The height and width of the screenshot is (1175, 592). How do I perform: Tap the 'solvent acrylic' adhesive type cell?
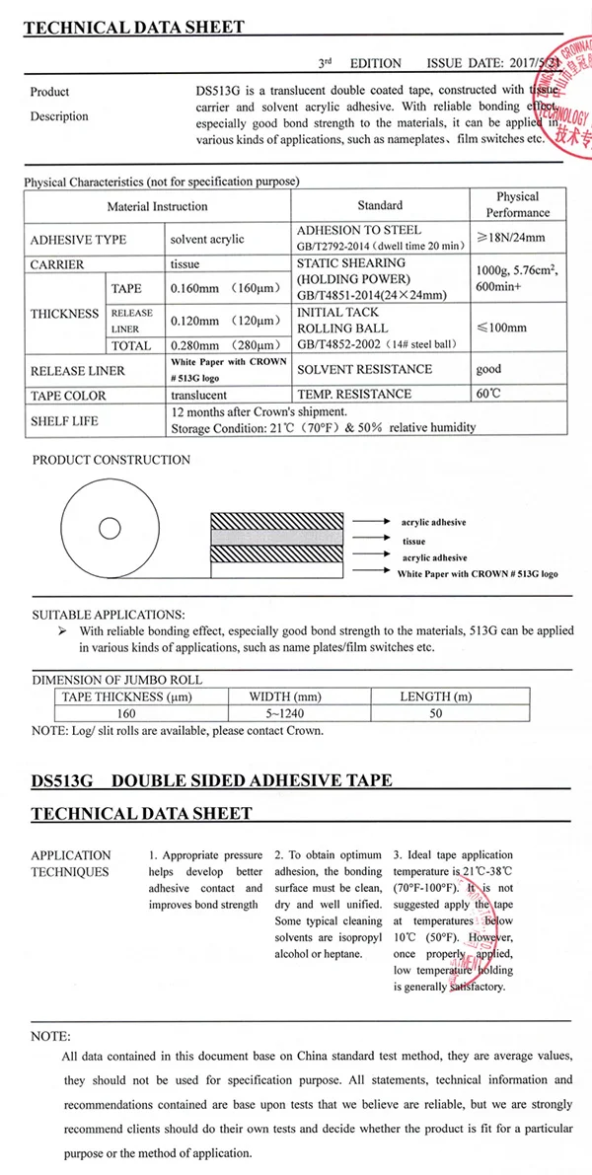[207, 239]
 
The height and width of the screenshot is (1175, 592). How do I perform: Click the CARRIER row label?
[57, 264]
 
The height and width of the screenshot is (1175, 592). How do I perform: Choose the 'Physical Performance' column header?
[517, 204]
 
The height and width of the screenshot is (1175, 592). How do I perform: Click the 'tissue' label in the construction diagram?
[413, 542]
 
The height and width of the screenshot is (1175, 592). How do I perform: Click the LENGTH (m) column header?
[439, 697]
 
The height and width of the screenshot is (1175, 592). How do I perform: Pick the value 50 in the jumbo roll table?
[436, 713]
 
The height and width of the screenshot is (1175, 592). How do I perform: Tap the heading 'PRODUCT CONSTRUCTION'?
[111, 460]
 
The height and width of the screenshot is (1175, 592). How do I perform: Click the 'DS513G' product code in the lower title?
[62, 780]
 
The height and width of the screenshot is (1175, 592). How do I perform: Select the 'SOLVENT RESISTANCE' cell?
[364, 369]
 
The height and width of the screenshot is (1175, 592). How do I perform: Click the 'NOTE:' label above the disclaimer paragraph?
[51, 1036]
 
